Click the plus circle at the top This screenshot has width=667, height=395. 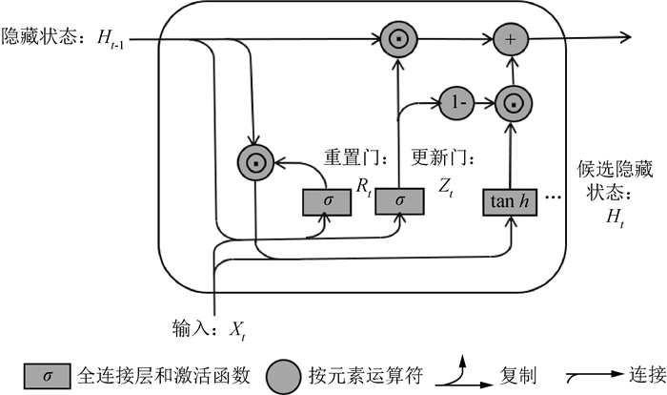tap(513, 38)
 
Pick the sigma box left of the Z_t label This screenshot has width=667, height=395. tap(399, 200)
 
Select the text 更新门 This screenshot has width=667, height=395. tap(441, 154)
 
